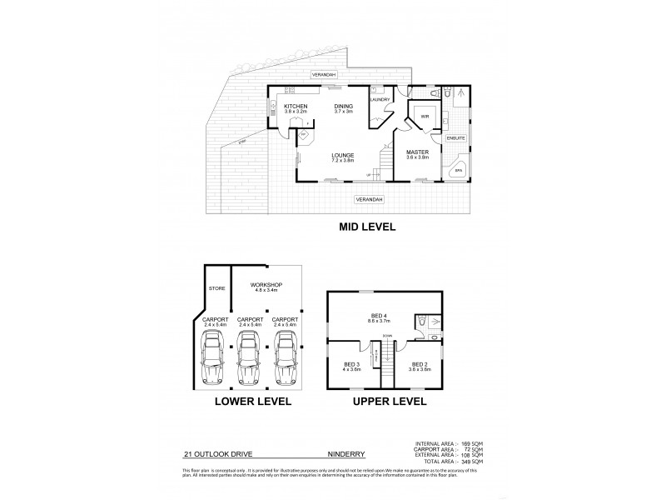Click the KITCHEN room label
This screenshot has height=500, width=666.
tap(296, 107)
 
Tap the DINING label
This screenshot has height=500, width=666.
tap(344, 107)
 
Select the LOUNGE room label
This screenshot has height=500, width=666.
tap(343, 155)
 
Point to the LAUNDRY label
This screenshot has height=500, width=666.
tap(380, 100)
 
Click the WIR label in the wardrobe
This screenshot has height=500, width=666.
tap(424, 116)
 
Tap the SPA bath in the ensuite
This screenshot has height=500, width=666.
tap(458, 171)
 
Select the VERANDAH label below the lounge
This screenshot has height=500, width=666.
tap(368, 200)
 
